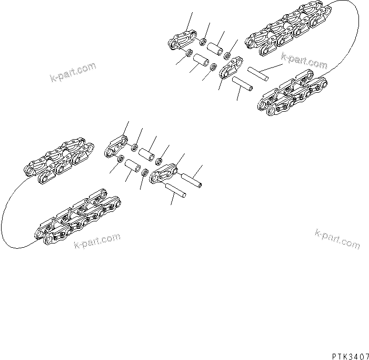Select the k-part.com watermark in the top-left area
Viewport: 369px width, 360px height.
coord(73,73)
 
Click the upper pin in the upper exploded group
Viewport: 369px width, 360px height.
coord(258,73)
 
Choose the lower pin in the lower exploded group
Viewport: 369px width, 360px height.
coord(175,191)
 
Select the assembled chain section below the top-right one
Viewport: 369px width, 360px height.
coord(293,94)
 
